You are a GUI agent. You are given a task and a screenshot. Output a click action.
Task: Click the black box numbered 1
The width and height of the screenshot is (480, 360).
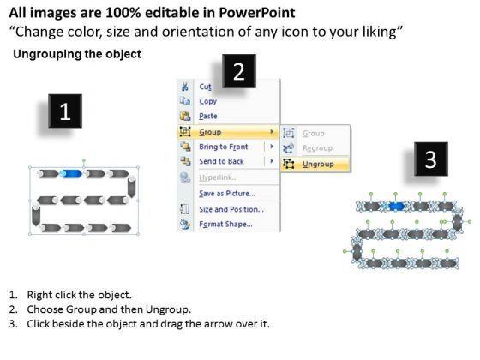click(x=65, y=111)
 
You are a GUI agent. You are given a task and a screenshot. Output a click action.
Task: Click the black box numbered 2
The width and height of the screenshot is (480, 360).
click(x=239, y=71)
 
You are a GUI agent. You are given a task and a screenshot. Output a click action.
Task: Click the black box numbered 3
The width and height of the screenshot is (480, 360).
click(x=431, y=159)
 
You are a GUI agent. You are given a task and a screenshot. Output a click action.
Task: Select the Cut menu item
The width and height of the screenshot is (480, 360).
click(x=205, y=87)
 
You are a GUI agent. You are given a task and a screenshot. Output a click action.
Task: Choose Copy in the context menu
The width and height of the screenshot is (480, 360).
click(x=207, y=101)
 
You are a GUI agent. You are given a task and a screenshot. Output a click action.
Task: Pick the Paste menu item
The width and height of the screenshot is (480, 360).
click(x=207, y=116)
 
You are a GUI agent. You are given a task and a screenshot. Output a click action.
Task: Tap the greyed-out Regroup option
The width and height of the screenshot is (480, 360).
click(x=317, y=148)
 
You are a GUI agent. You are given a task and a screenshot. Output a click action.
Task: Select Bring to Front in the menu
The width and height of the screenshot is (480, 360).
click(x=223, y=147)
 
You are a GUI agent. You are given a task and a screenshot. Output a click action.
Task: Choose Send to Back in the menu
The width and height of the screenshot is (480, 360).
click(x=221, y=161)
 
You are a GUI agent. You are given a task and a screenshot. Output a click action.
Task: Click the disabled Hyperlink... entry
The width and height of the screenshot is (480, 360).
click(x=219, y=177)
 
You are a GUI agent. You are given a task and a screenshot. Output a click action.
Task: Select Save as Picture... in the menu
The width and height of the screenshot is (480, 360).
click(x=227, y=194)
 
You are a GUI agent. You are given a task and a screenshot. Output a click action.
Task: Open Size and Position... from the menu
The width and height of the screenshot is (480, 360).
click(x=231, y=209)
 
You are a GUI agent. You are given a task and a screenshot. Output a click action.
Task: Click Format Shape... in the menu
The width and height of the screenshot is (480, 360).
click(x=225, y=224)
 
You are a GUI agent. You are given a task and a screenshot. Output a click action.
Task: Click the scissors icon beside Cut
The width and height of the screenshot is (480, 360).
click(x=184, y=87)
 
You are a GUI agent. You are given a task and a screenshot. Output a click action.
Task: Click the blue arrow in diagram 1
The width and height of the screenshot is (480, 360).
click(x=71, y=174)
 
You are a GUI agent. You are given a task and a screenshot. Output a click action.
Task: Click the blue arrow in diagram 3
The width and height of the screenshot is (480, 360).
click(x=396, y=206)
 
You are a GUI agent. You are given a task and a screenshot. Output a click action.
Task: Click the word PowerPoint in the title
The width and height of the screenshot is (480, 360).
click(x=257, y=13)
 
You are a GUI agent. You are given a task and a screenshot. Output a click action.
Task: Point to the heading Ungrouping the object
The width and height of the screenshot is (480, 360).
click(x=77, y=54)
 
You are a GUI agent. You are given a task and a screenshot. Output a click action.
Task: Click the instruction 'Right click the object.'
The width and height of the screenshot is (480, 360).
click(x=79, y=295)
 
